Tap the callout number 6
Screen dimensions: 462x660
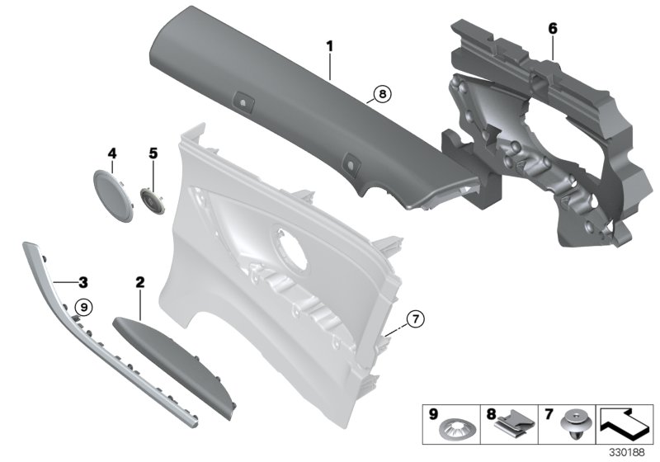click(x=553, y=28)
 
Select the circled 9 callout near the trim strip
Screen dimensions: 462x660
click(x=82, y=308)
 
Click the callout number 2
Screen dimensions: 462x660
click(x=139, y=283)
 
